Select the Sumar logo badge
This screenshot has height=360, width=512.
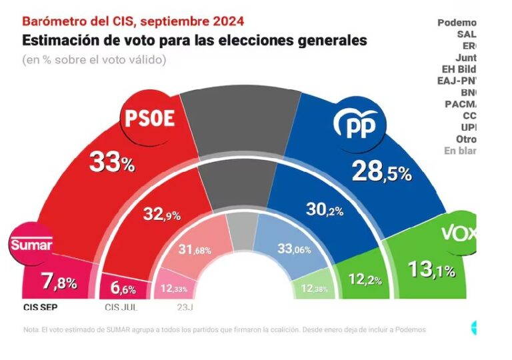(x=31, y=244)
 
